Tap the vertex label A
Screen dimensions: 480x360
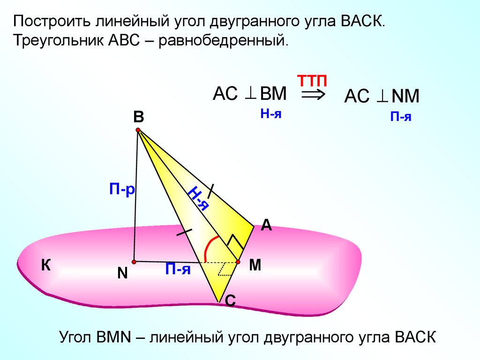266,225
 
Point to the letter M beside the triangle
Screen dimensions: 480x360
255,265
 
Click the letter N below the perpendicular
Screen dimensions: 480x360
122,273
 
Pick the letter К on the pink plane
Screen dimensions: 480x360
45,266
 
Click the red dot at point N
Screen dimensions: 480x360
134,261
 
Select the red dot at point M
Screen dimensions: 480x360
238,262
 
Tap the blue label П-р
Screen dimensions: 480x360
122,189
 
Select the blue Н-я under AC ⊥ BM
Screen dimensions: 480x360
271,113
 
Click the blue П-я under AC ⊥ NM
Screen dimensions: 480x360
401,117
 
